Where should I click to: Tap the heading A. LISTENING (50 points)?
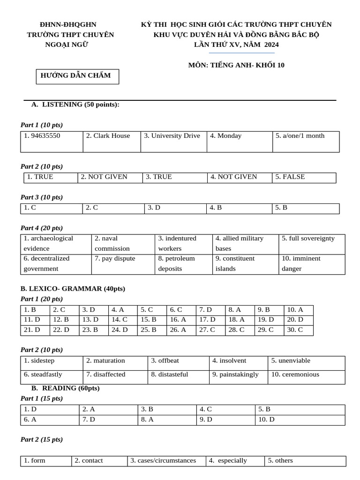point(75,105)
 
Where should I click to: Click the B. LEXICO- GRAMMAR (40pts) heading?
point(73,289)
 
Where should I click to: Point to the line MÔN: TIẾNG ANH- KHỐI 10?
point(236,66)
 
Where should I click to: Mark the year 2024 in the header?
point(271,45)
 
